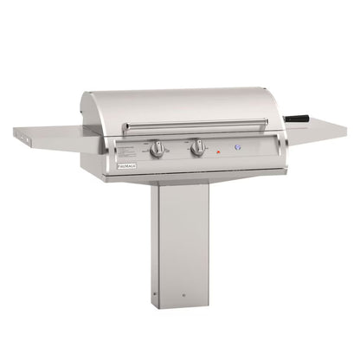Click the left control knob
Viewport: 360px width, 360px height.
click(157, 150)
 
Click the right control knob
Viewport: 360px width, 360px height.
click(198, 148)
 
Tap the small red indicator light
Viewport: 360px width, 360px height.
click(217, 151)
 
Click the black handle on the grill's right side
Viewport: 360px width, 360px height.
click(298, 117)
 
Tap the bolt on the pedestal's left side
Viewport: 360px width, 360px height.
click(155, 295)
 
